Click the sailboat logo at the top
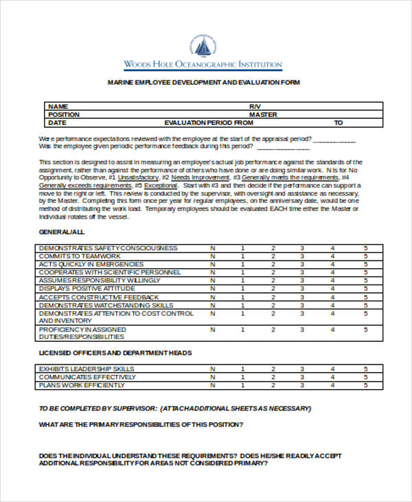pyautogui.click(x=203, y=46)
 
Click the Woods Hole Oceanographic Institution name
pyautogui.click(x=203, y=65)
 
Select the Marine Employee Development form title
pyautogui.click(x=203, y=83)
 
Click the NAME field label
pyautogui.click(x=58, y=107)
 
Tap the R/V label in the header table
pyautogui.click(x=255, y=107)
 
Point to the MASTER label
pyautogui.click(x=262, y=115)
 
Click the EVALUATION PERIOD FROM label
pyautogui.click(x=205, y=123)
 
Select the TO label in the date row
pyautogui.click(x=338, y=123)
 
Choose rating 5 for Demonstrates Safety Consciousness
pyautogui.click(x=365, y=248)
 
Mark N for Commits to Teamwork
pyautogui.click(x=212, y=257)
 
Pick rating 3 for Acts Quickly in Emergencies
pyautogui.click(x=301, y=265)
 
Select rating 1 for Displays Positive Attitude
pyautogui.click(x=242, y=289)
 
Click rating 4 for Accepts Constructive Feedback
pyautogui.click(x=332, y=297)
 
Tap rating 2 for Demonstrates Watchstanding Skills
pyautogui.click(x=273, y=305)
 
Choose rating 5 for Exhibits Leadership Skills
pyautogui.click(x=365, y=369)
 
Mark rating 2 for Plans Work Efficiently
pyautogui.click(x=273, y=386)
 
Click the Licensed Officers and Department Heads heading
pyautogui.click(x=115, y=353)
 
